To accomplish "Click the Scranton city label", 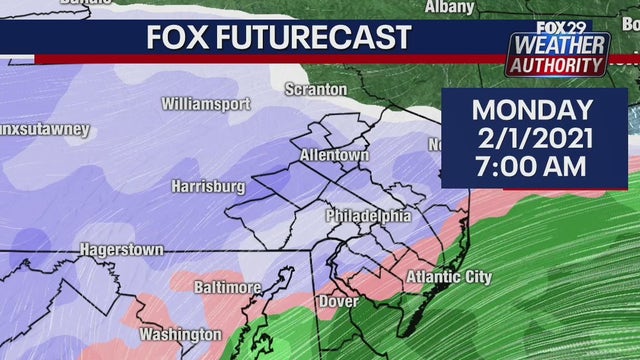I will point(315,90).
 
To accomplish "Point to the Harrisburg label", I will point(208,186).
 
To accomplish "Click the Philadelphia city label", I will point(368,216).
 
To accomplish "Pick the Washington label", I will point(180,333).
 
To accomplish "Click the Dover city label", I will point(337,301).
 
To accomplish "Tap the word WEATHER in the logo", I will point(560,45).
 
